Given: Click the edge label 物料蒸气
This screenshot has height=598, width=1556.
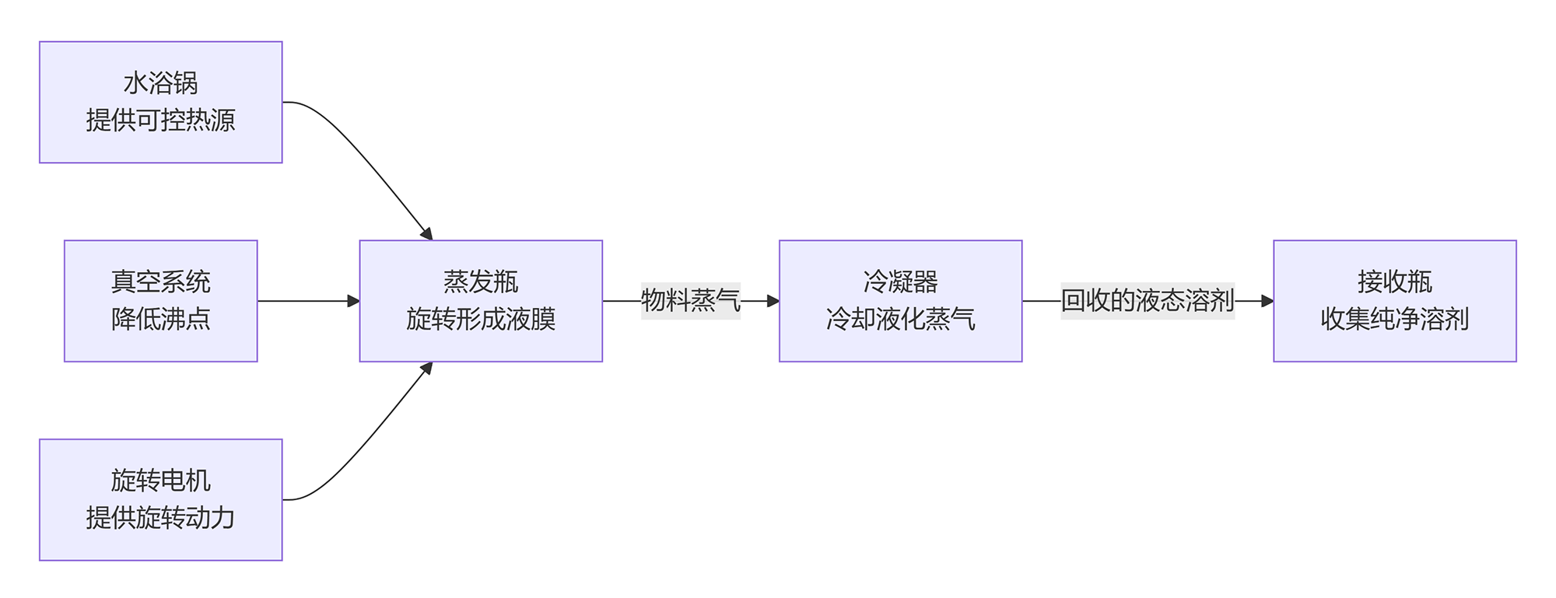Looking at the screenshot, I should pos(690,301).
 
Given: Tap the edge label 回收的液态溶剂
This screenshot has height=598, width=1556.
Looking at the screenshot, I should pos(1148,301).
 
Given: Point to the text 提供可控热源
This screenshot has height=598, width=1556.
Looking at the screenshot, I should pos(160,121).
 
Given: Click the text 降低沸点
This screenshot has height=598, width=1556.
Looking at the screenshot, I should pos(160,319).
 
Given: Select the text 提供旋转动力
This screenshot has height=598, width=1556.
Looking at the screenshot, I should pos(160,518).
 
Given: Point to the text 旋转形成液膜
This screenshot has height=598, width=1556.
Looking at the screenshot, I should pos(481,319).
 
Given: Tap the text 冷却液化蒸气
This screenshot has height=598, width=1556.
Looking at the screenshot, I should pos(900,319).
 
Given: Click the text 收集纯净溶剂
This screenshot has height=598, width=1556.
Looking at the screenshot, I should pos(1394,319).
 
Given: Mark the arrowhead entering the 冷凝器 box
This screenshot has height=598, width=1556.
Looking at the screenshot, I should pos(773,301).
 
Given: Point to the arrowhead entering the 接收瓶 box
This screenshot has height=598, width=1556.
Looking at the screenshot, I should pos(1267,301).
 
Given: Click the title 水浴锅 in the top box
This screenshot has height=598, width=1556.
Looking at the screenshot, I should pos(160,83).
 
